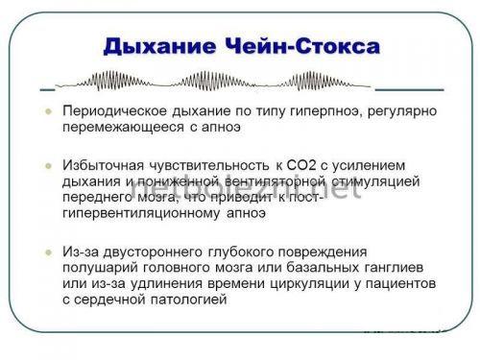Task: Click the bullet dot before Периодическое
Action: (x=45, y=110)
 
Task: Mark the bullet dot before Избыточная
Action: (x=45, y=166)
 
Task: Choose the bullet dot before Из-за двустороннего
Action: (x=45, y=252)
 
